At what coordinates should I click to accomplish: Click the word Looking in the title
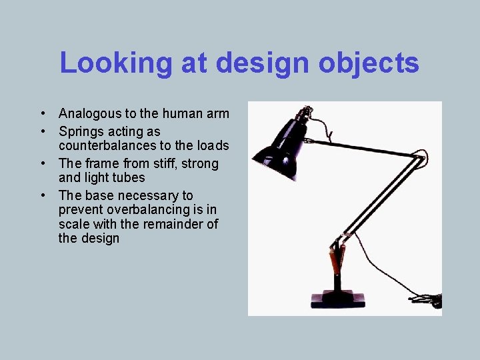[115, 63]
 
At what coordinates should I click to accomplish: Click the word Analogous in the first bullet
[90, 114]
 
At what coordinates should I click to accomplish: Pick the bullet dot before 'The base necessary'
[42, 195]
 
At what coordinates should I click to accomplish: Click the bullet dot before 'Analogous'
[42, 114]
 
